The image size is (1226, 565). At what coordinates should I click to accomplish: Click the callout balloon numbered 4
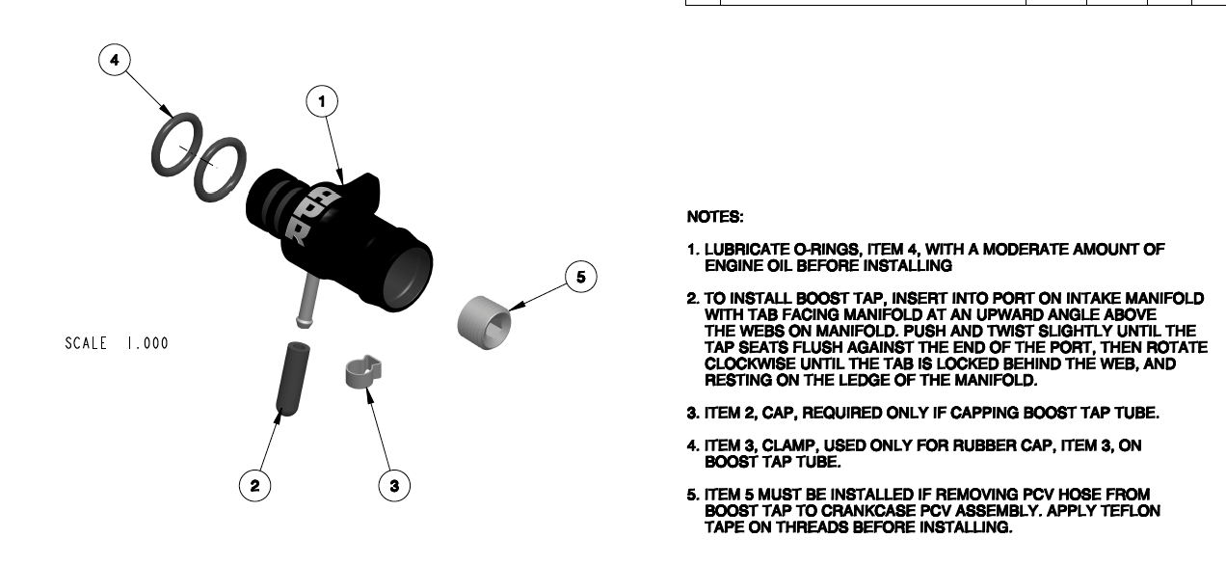click(x=115, y=60)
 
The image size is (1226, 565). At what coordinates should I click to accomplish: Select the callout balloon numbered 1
click(x=323, y=100)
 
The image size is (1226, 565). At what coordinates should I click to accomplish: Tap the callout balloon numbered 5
click(x=580, y=278)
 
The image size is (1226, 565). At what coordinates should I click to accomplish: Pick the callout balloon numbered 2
click(x=254, y=485)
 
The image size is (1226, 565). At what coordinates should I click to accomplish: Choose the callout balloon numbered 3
click(x=393, y=485)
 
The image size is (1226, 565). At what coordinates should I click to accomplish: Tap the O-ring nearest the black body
click(x=221, y=170)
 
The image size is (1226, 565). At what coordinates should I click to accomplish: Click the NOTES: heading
click(x=714, y=218)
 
